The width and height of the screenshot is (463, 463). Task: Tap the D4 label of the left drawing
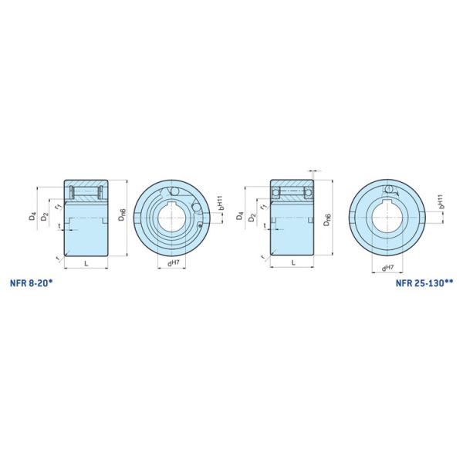(x=32, y=218)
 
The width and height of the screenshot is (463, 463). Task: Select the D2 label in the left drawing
(x=45, y=219)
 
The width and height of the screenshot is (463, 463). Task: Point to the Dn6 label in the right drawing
(x=328, y=218)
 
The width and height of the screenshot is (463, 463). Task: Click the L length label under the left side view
(x=85, y=264)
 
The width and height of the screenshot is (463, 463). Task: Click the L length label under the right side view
(x=293, y=264)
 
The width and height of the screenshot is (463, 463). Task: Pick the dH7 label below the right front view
(x=387, y=268)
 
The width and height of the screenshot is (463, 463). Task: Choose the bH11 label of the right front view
(x=438, y=202)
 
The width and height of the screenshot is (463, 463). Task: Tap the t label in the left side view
(x=59, y=226)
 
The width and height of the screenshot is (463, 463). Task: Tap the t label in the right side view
(x=266, y=226)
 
